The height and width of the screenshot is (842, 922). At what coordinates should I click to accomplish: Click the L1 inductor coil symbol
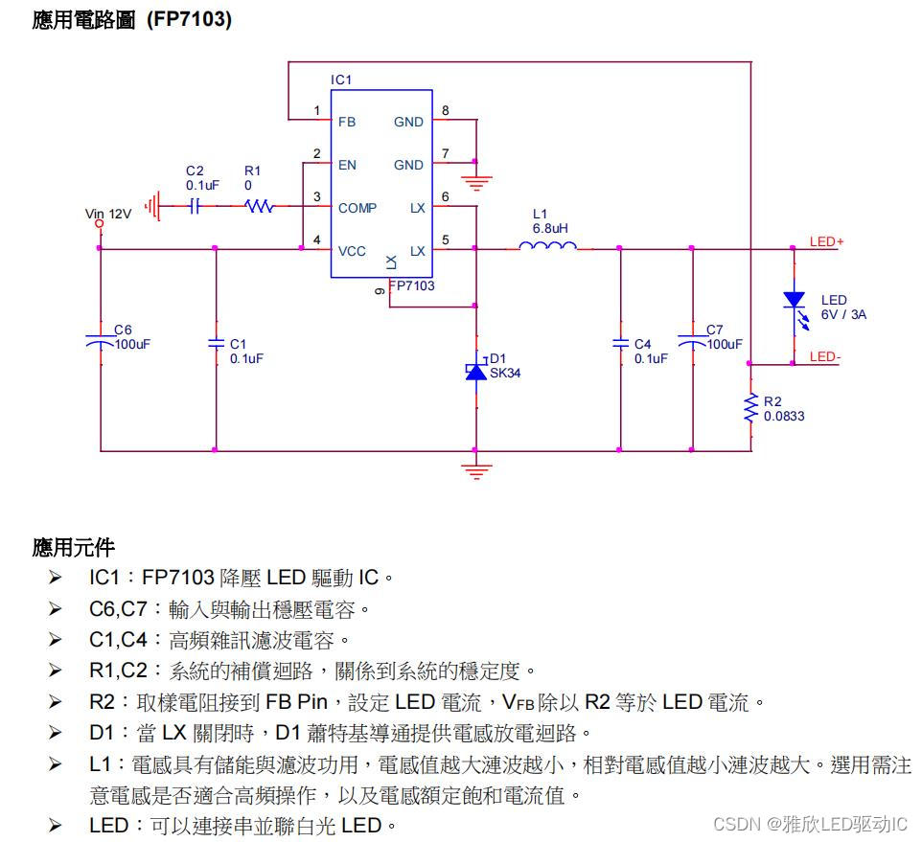547,247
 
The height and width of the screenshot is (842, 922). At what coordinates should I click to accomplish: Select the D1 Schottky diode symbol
475,371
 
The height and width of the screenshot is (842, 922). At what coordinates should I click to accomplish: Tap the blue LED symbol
794,301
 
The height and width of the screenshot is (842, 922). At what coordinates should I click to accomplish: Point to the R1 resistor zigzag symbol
260,206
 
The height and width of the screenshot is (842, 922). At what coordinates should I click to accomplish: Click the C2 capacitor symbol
195,206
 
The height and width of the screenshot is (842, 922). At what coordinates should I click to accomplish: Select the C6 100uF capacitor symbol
100,340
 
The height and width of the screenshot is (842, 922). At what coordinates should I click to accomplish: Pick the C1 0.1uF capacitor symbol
216,344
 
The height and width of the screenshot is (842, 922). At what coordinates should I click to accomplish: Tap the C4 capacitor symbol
620,344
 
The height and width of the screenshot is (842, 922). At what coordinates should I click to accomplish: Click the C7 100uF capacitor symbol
691,340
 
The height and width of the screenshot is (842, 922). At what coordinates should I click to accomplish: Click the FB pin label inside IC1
346,122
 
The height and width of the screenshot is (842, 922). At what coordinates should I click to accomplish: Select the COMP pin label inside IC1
357,208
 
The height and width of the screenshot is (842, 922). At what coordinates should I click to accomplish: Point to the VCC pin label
352,251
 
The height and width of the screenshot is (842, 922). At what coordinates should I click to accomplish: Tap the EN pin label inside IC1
347,165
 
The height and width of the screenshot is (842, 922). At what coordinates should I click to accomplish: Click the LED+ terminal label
826,241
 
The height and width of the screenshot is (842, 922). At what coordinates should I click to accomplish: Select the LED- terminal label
824,356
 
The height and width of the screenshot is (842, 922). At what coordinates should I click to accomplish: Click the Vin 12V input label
107,215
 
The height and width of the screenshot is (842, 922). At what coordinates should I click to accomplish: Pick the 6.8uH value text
549,229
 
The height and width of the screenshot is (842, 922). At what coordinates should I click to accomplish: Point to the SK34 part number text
505,373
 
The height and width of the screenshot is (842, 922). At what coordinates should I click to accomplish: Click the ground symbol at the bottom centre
475,469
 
